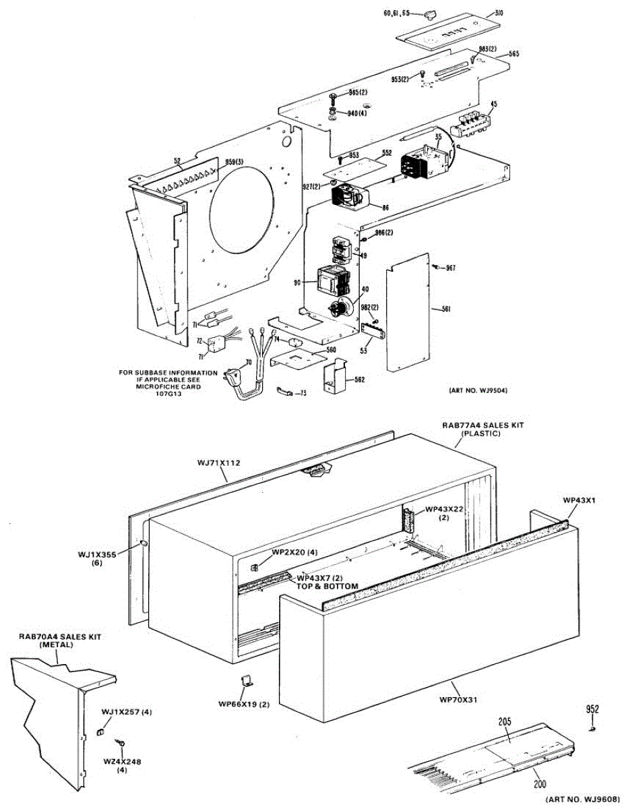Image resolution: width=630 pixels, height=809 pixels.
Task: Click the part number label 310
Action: point(499,12)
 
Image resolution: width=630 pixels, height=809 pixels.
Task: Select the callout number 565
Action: point(514,53)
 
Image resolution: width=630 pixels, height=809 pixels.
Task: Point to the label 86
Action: point(385,208)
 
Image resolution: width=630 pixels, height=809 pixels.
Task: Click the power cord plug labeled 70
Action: point(234,378)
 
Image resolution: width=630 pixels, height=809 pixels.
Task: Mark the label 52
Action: point(177,160)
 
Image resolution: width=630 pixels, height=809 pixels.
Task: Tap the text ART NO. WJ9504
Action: point(477,390)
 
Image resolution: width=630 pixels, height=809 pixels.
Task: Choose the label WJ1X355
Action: point(98,554)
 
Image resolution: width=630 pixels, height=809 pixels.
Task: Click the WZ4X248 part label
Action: point(123,761)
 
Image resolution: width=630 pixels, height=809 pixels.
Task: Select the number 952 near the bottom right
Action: point(592,709)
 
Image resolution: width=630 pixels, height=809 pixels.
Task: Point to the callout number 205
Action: point(505,721)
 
